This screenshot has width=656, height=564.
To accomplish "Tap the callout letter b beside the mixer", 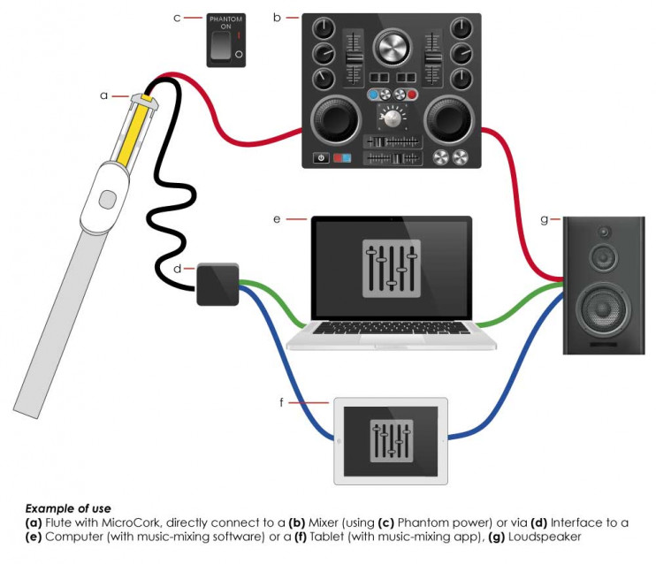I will click(278, 15).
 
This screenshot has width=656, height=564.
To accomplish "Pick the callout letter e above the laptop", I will click(277, 216).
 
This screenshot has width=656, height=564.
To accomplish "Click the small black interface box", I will click(217, 284).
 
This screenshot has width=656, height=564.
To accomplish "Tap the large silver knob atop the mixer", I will click(391, 46).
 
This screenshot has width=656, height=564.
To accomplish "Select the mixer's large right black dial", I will click(451, 122).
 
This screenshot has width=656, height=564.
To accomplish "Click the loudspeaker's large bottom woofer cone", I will click(603, 309).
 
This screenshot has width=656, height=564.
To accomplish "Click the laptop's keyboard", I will click(390, 328).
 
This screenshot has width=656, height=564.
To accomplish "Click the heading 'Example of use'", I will click(68, 508).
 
